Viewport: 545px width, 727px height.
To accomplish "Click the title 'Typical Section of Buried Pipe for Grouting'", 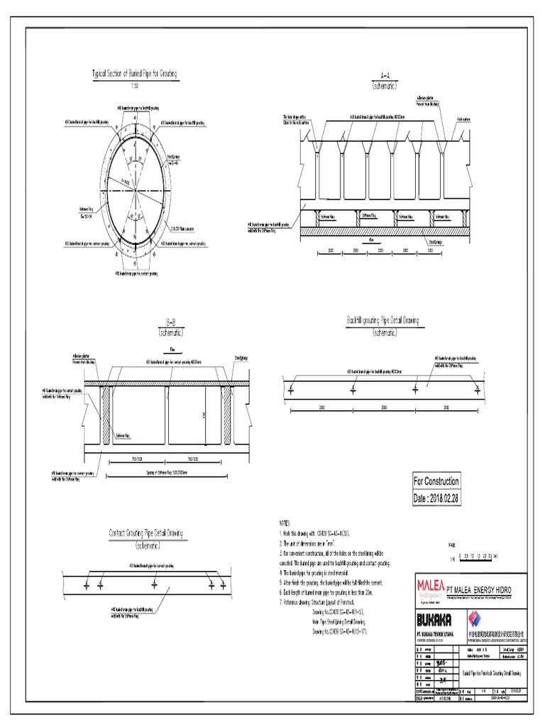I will [135, 73].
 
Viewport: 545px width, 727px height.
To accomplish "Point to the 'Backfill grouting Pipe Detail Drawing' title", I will [382, 321].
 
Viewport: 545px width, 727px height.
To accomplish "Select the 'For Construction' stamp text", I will [436, 481].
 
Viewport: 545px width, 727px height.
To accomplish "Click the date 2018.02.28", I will [436, 499].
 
